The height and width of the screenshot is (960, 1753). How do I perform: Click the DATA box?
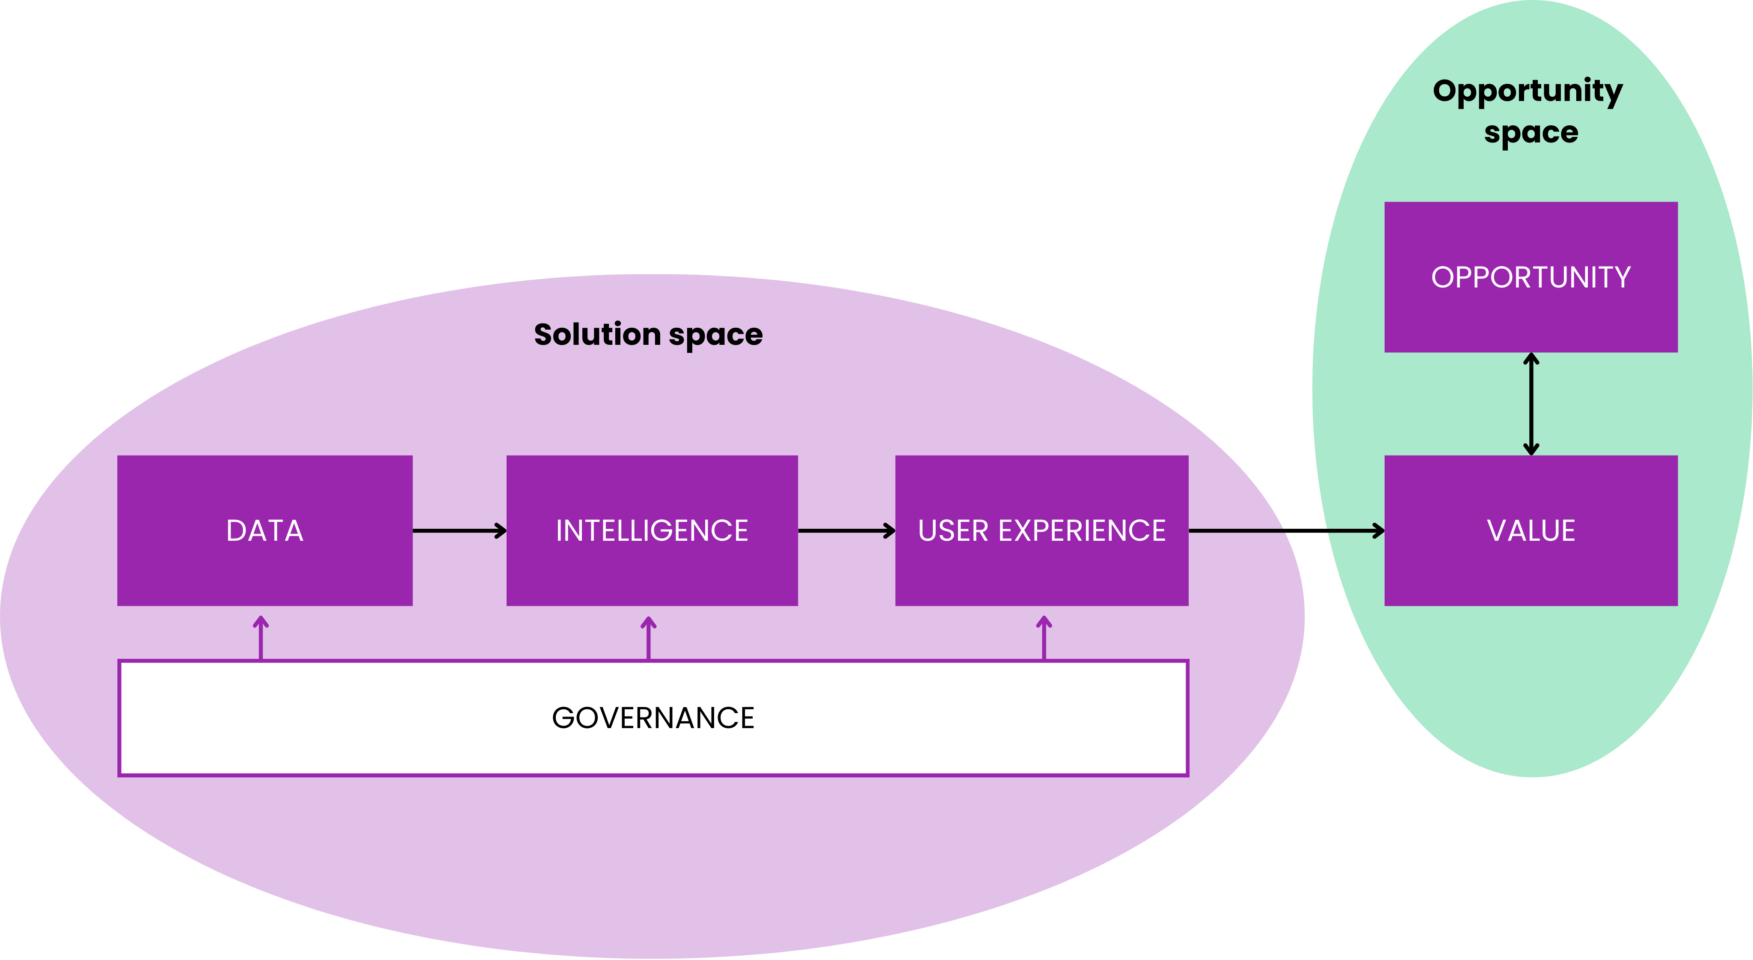[x=265, y=530]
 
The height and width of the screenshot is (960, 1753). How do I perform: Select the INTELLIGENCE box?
[x=652, y=530]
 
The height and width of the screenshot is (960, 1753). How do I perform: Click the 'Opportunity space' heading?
[x=1528, y=110]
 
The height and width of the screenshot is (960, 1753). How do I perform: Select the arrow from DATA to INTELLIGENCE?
[x=460, y=530]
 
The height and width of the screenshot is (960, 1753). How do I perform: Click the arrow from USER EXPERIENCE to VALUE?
[x=1286, y=530]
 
